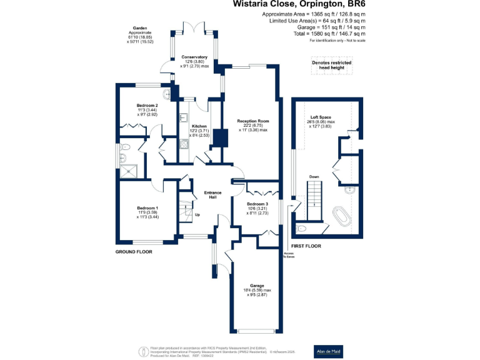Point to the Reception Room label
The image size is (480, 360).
252,121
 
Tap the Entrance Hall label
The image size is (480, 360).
213,196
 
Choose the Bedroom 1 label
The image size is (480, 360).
148,208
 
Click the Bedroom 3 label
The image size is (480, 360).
257,204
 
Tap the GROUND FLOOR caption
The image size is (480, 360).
134,251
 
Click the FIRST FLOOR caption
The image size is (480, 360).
306,246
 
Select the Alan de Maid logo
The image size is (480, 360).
328,352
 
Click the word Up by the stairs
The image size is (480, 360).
197,215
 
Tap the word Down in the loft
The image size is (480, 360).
314,177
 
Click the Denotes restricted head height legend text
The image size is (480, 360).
331,65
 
